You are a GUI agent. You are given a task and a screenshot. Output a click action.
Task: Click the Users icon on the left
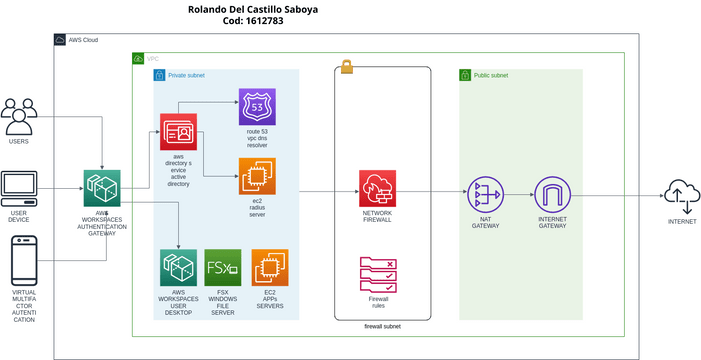19,117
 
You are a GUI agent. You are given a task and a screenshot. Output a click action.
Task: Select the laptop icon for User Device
19,189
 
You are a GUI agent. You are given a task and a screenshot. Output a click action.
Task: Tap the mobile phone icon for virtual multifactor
22,261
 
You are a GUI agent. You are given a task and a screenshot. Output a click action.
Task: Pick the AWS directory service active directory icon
178,132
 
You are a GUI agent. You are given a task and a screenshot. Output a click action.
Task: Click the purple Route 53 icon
257,107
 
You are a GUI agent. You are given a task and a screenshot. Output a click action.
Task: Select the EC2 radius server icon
257,176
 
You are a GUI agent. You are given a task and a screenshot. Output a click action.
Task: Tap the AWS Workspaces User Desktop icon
178,268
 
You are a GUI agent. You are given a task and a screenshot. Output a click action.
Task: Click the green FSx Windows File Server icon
222,268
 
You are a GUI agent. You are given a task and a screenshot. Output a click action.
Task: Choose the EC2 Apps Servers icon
269,268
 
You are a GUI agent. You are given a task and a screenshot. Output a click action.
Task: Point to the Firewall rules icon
378,273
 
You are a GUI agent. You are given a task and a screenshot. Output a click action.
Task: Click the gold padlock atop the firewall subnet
347,67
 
